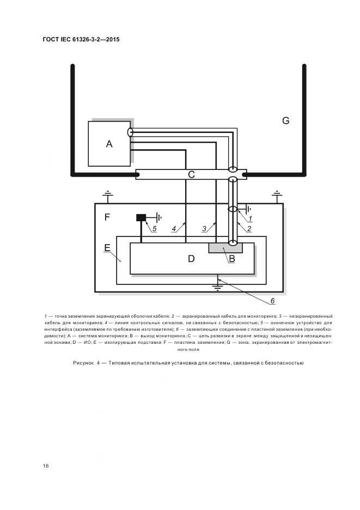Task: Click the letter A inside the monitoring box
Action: tap(109, 144)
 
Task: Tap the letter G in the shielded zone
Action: tap(285, 121)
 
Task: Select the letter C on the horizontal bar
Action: tap(191, 174)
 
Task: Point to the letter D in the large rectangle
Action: tap(191, 259)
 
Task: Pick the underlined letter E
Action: tap(107, 248)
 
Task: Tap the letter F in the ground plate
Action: tap(107, 217)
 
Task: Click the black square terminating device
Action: tap(141, 217)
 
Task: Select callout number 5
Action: tap(154, 229)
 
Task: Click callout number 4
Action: tap(174, 229)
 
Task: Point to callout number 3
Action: tap(204, 229)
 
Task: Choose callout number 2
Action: tap(248, 229)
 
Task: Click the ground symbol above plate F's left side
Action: tap(108, 194)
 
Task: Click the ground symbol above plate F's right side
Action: tap(277, 194)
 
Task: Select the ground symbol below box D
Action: tap(218, 283)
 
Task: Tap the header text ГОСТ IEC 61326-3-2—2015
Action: tap(81, 40)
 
